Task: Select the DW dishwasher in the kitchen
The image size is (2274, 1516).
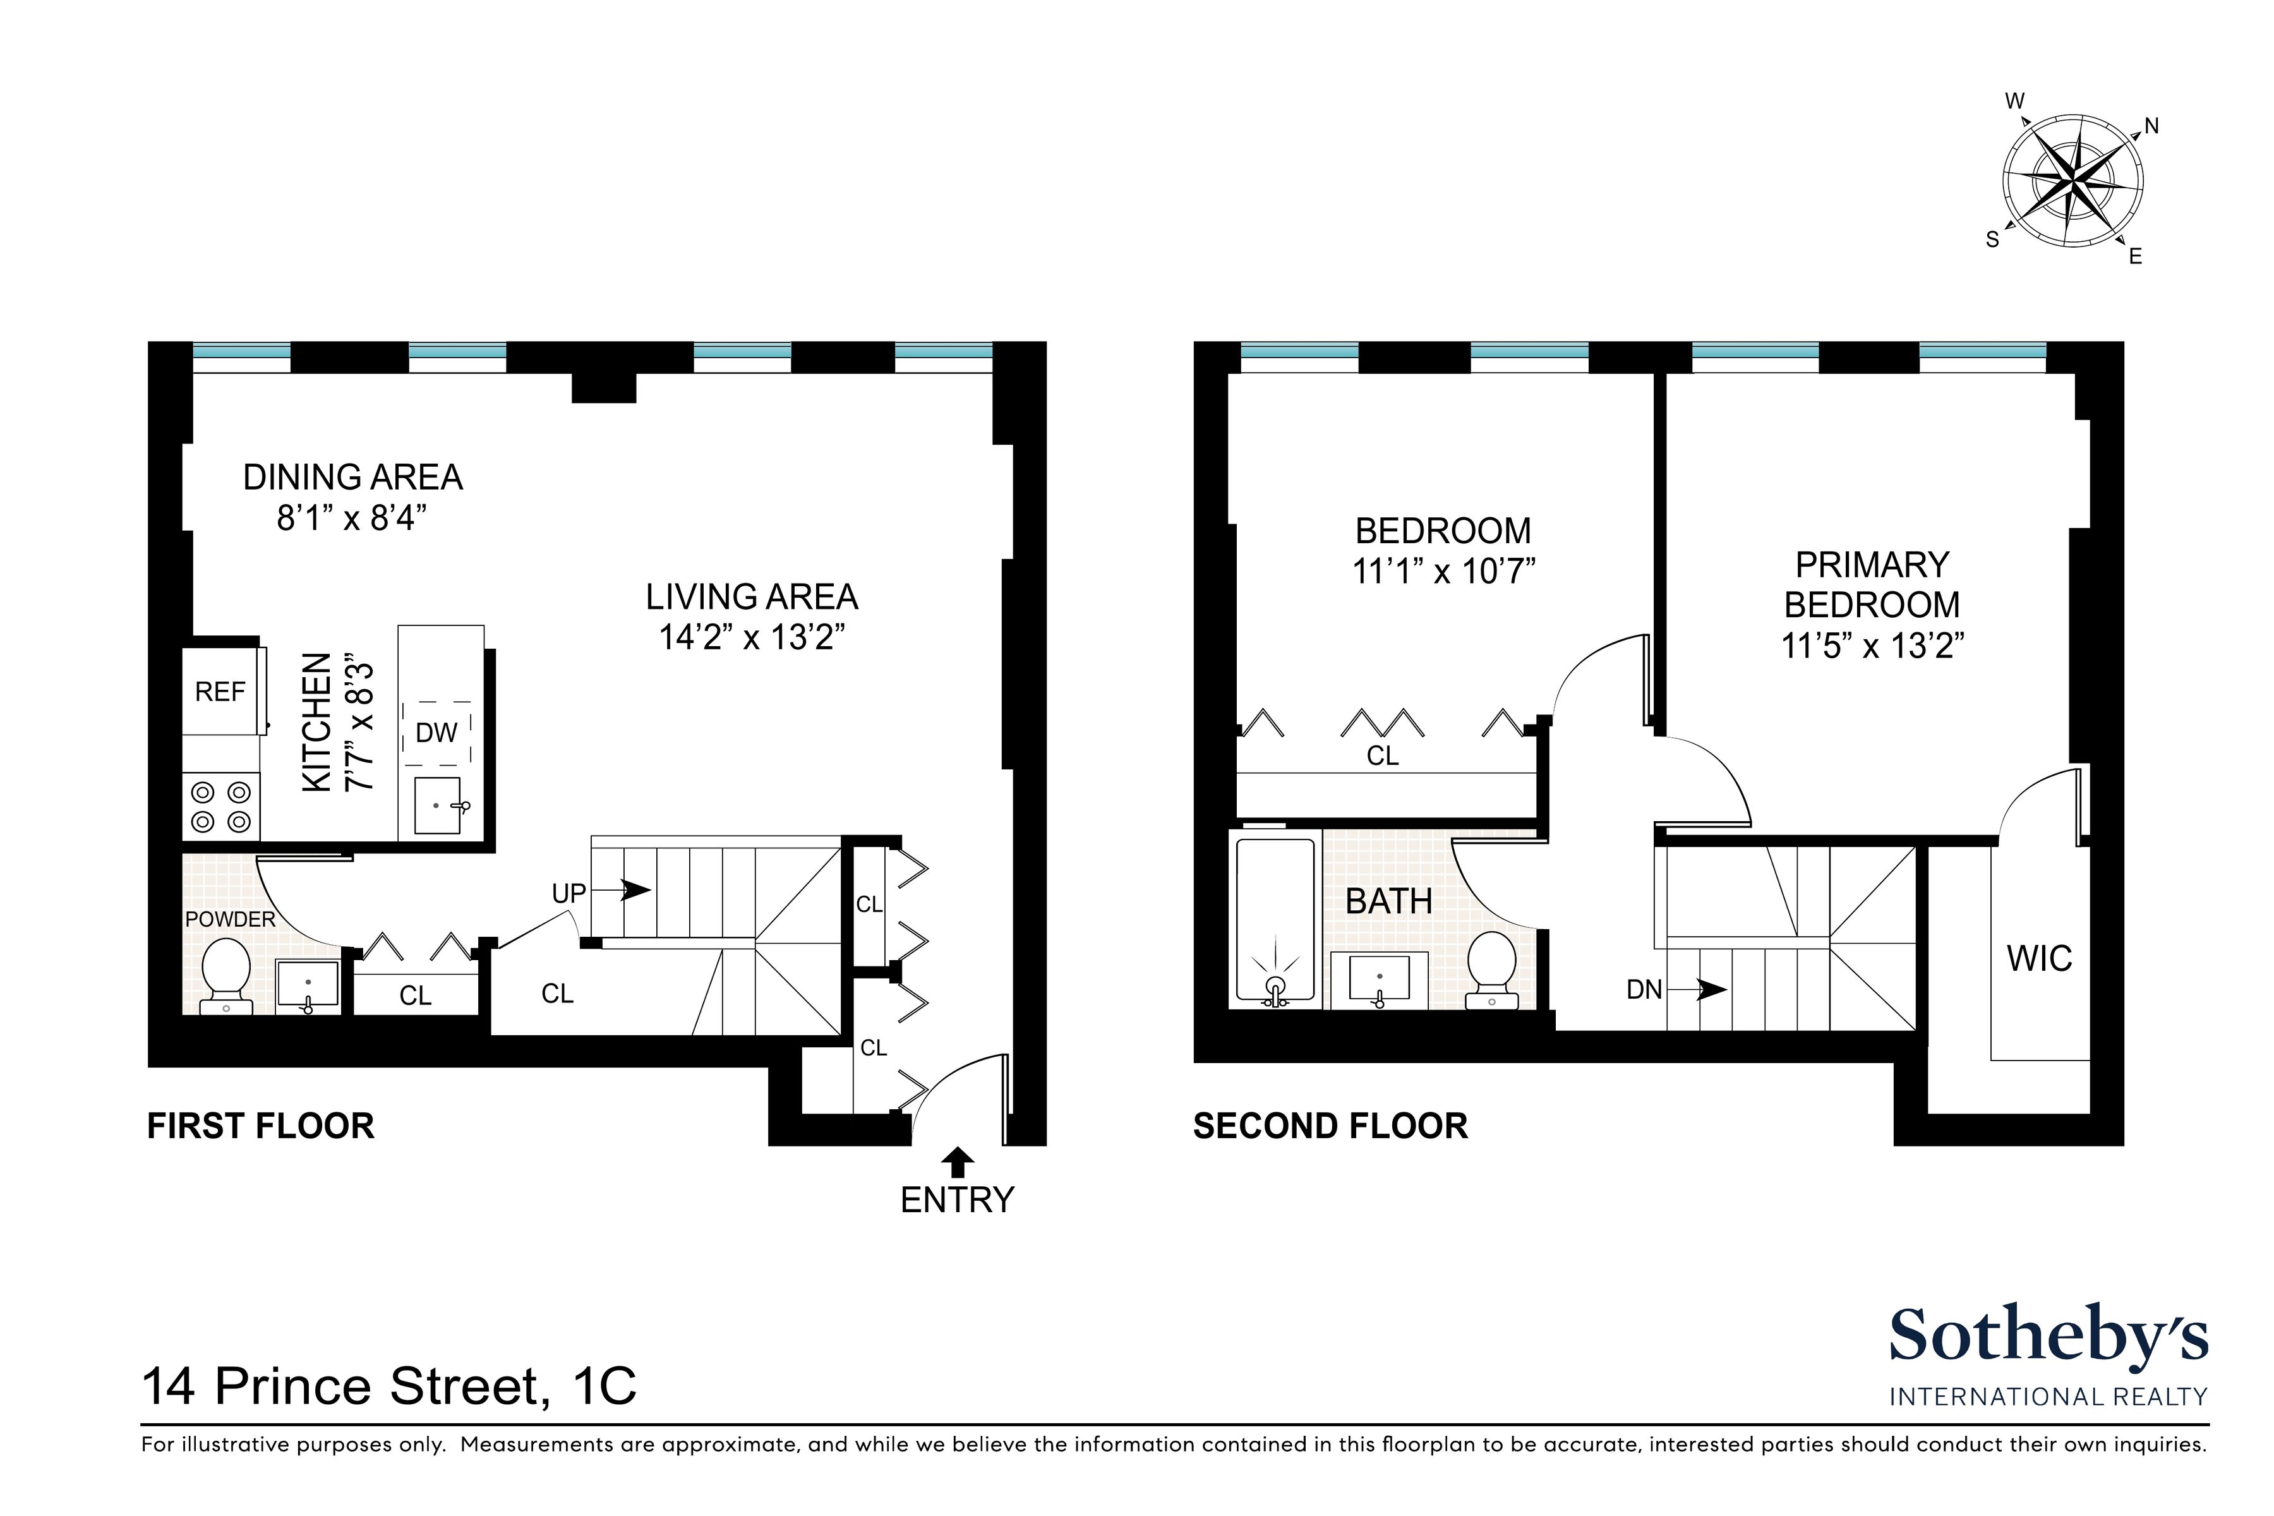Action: point(436,733)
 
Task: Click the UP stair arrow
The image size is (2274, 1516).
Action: point(622,891)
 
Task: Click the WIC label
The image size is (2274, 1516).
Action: point(2039,959)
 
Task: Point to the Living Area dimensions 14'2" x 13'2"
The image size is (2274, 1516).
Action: point(752,638)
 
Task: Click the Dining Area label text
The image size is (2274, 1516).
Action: point(353,478)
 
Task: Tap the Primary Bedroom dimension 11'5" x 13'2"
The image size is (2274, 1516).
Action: point(1873,646)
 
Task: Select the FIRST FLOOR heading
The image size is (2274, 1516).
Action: point(260,1126)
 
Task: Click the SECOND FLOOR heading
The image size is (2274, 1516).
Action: point(1330,1126)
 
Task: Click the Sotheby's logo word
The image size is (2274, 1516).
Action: point(2048,1337)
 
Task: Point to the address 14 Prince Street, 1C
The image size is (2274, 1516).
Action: point(390,1387)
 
